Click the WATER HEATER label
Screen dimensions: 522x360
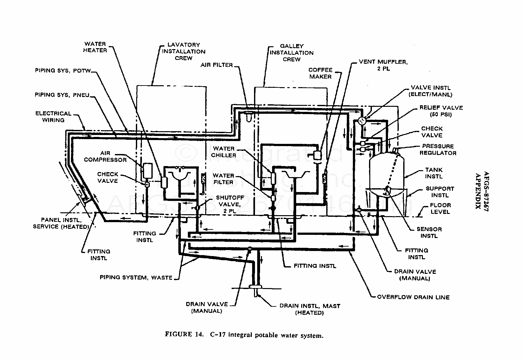click(95, 47)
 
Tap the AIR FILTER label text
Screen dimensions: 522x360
click(217, 65)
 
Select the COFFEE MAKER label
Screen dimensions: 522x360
click(321, 73)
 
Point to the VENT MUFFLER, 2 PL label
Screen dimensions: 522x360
click(383, 65)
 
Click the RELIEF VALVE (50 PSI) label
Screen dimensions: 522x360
click(441, 111)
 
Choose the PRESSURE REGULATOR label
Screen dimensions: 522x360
click(438, 150)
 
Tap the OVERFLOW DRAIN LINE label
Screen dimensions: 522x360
click(413, 297)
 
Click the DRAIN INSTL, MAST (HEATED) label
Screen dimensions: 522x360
click(310, 309)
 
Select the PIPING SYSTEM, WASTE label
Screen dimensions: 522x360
click(136, 278)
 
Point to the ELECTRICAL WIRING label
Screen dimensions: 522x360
click(53, 117)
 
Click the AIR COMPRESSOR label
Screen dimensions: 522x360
click(105, 157)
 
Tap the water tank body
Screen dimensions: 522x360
click(387, 172)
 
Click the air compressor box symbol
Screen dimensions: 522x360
click(148, 171)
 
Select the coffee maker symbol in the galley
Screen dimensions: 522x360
click(317, 155)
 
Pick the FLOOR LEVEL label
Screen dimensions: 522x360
click(440, 209)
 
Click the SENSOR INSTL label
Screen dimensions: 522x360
click(429, 233)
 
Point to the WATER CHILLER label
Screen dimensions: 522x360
click(224, 152)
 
